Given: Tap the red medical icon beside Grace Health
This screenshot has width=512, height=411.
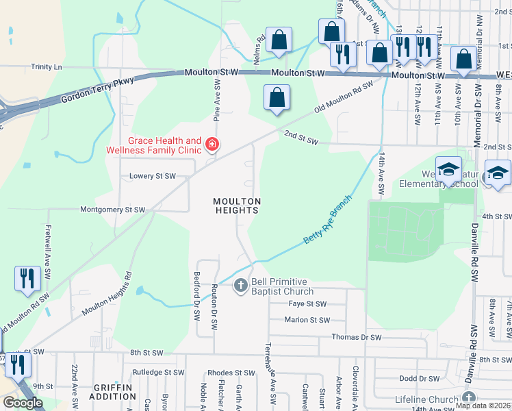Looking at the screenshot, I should pos(212,144).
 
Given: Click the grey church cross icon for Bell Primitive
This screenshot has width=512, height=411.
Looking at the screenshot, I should pos(240,285).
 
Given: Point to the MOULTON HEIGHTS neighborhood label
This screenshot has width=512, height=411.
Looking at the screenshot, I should pos(236,206).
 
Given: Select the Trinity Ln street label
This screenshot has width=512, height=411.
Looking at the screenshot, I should pos(47,67).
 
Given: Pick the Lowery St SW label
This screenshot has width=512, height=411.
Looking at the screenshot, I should pos(153,176).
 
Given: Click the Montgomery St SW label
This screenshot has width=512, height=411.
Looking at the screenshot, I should pos(113,210).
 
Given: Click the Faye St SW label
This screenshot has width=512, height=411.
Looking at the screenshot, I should pos(306,303).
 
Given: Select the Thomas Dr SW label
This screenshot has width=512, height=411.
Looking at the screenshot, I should pos(356,337).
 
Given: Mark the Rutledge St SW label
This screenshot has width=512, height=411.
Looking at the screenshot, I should pos(158,372).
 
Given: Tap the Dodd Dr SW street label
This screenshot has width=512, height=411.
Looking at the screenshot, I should pos(419,378).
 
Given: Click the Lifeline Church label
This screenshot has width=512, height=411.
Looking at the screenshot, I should pos(426,399).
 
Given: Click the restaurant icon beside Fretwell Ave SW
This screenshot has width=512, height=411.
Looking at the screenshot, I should pos(27,278).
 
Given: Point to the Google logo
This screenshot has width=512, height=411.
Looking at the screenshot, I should pos(23,402).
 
